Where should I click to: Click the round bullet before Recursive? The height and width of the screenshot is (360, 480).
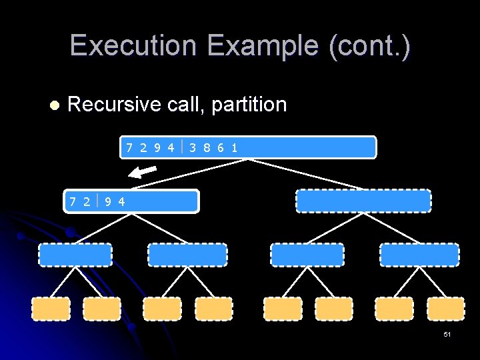click(x=55, y=105)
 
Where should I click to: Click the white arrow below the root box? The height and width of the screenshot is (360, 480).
click(x=142, y=172)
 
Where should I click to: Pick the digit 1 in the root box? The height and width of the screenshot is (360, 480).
click(x=234, y=147)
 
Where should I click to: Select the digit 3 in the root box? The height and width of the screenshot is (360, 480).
click(x=192, y=147)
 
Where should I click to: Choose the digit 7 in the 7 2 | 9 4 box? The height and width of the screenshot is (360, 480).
click(x=73, y=201)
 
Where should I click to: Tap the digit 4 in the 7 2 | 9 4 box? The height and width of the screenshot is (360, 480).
click(x=121, y=201)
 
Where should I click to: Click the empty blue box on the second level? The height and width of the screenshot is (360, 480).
click(x=363, y=201)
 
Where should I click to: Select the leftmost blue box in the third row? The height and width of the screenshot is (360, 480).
click(x=75, y=255)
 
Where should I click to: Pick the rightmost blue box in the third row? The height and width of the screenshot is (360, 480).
click(x=419, y=255)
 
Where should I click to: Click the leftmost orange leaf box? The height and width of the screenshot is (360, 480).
click(x=51, y=309)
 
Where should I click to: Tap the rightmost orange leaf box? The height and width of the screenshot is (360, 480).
click(x=446, y=309)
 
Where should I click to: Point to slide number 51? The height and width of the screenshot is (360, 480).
click(x=447, y=334)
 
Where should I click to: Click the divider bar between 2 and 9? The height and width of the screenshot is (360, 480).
click(x=97, y=199)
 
